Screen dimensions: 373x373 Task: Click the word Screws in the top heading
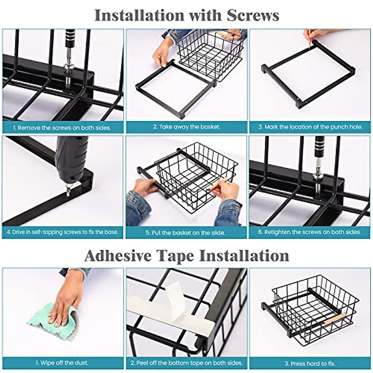252,15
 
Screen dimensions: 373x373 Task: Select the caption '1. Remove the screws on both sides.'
62,127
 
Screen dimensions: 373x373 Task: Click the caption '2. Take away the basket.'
186,127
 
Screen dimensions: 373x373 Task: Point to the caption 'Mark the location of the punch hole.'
311,127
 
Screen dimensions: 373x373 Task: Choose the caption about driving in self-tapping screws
62,232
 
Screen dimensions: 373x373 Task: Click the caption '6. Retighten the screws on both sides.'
310,232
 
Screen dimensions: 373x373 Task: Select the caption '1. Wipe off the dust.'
62,362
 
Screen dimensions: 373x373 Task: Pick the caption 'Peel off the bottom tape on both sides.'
186,362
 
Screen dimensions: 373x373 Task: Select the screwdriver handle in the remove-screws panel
69,45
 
